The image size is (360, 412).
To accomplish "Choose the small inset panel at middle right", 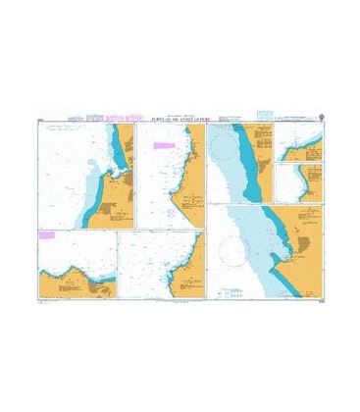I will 299,182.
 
